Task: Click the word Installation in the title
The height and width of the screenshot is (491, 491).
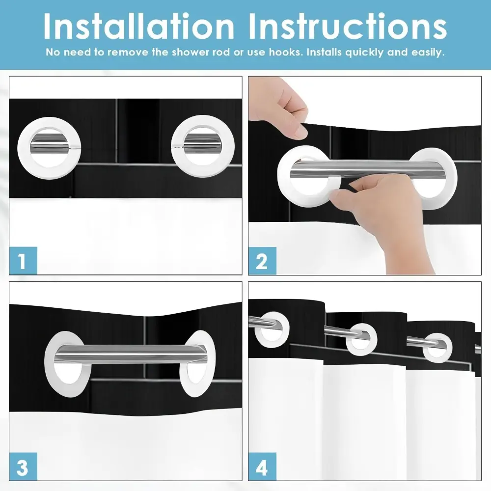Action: click(x=139, y=27)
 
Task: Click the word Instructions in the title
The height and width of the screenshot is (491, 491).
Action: click(x=348, y=27)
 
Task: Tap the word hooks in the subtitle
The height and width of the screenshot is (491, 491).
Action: click(x=286, y=52)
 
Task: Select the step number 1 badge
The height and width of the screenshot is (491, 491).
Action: click(x=23, y=261)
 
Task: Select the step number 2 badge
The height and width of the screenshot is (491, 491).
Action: click(x=262, y=261)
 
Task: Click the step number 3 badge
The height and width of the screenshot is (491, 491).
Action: click(x=23, y=466)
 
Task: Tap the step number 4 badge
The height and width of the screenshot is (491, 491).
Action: click(x=262, y=466)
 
